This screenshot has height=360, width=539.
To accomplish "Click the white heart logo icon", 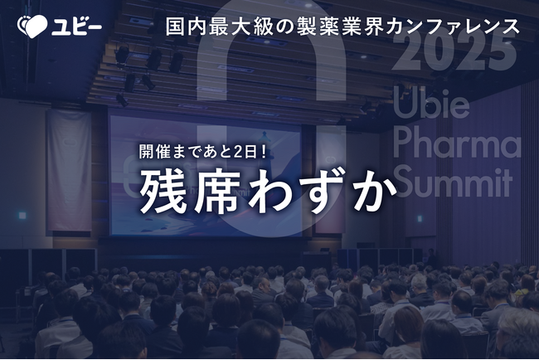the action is [32, 27].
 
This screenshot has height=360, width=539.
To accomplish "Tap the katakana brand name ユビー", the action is [76, 27].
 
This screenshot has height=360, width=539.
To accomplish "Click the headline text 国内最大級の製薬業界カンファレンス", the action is [342, 27].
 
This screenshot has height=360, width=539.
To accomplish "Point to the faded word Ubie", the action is [431, 103].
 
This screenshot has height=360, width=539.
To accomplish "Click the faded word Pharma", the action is [457, 145].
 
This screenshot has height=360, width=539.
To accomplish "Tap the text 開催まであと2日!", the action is [203, 152].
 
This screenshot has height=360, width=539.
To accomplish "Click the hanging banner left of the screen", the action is [69, 170].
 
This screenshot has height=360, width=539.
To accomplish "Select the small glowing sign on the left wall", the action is [22, 216].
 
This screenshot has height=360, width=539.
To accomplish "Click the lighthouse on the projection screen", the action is [265, 144].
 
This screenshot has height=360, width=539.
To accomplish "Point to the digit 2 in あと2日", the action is [238, 152].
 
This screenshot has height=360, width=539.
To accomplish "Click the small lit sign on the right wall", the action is [420, 219].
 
